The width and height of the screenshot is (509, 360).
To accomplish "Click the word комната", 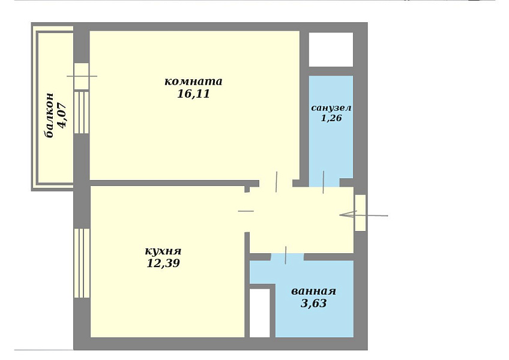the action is [193, 81].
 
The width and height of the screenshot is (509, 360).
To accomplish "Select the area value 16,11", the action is [193, 94].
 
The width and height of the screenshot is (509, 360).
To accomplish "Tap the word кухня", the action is [163, 251].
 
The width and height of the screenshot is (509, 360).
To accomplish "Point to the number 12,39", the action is [163, 263].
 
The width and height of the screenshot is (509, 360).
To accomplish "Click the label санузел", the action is [331, 108].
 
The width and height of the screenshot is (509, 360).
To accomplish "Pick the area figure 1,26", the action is [331, 118].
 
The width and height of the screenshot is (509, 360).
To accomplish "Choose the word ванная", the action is [313, 291].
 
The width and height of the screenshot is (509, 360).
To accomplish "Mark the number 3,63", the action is [313, 303].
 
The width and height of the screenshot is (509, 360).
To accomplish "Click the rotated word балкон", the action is [49, 115].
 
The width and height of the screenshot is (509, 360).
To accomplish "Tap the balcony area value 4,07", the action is [62, 115].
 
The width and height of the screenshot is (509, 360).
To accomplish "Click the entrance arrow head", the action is [348, 214].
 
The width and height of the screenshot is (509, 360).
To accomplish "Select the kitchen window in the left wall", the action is [82, 263].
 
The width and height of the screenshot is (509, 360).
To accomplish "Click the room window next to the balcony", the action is [82, 112].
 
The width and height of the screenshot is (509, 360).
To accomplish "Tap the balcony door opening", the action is [82, 76].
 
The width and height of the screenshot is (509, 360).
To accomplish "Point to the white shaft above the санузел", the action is [331, 50].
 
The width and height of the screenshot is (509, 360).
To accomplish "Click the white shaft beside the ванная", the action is [260, 313].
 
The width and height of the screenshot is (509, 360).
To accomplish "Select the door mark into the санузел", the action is [324, 182].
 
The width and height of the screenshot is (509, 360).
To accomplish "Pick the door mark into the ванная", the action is [286, 255].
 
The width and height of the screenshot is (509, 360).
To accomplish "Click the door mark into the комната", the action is [276, 182].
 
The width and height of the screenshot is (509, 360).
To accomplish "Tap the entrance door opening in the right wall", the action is [360, 212].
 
